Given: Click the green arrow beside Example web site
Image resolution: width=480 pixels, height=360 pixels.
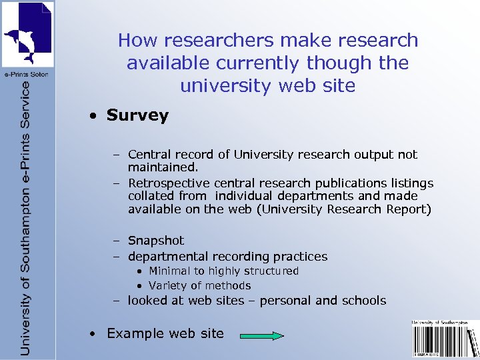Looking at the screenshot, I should (262, 336).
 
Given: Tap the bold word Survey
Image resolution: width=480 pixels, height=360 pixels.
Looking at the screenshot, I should (137, 115).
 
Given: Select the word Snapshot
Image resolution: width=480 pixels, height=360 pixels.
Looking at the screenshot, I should (155, 241).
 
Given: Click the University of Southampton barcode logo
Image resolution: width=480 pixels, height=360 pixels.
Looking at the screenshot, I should (445, 339).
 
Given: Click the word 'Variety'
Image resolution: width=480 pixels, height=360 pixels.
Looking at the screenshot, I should (167, 285).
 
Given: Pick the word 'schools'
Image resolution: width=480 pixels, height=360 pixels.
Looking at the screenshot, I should (363, 301).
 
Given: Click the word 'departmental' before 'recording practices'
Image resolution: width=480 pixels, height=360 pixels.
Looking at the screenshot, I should (168, 257).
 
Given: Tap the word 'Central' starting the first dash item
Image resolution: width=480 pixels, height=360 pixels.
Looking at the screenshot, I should (149, 155).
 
